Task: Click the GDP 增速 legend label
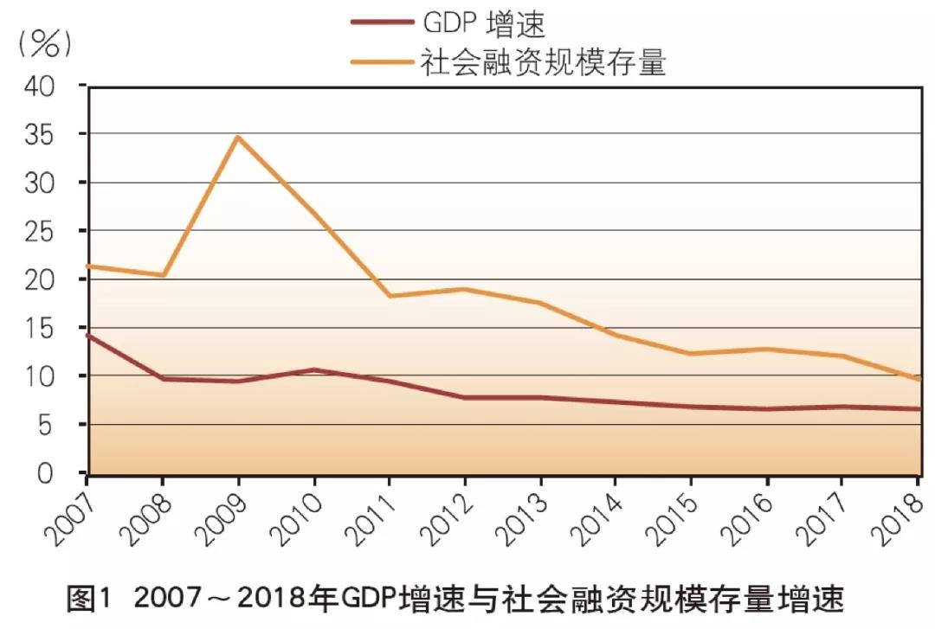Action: point(484,24)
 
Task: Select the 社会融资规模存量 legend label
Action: point(543,61)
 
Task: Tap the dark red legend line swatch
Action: point(380,24)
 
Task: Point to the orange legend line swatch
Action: point(380,61)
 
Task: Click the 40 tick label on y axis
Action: point(40,87)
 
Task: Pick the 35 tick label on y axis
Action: point(40,135)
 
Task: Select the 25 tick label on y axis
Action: point(40,232)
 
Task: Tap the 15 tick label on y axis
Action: point(40,329)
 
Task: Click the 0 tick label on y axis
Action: point(47,472)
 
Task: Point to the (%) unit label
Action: point(44,43)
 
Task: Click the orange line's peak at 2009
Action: point(238,137)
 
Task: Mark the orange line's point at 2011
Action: point(390,296)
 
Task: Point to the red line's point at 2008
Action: point(163,379)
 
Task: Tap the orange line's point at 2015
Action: point(692,354)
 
